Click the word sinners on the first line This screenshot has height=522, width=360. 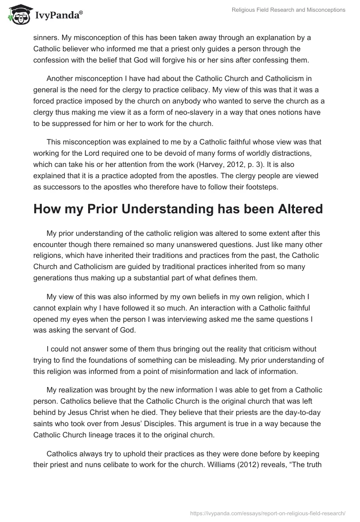coord(46,38)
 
